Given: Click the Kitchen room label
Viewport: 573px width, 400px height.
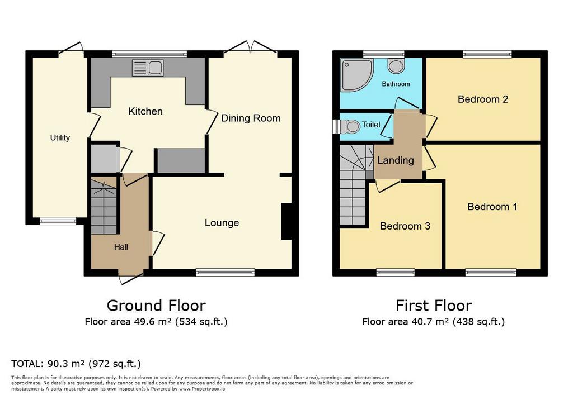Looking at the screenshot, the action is point(145,111).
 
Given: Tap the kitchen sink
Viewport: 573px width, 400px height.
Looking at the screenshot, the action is point(148,68).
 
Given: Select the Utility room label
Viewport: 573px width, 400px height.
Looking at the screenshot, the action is point(60,137).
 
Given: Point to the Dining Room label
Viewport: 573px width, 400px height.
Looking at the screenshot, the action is point(251,118).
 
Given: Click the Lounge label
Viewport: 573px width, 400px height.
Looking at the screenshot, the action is point(222,223).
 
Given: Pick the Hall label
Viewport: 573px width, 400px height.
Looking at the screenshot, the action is point(121,247).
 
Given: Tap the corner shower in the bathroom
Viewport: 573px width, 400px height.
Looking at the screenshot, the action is point(356,75).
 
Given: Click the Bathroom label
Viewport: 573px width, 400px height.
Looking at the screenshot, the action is point(396,84).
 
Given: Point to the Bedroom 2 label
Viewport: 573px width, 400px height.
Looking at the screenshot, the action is point(483,99).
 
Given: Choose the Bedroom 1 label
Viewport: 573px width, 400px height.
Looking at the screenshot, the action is point(492,207).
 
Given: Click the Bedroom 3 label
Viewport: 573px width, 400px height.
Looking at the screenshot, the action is point(405,226).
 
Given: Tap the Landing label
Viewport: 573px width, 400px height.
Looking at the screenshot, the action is point(396,160).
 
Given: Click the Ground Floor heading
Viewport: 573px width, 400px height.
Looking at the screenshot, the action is point(156,306).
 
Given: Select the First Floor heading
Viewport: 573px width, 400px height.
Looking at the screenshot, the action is point(434,306).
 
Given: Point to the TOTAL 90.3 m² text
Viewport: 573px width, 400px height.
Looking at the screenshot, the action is point(76,364).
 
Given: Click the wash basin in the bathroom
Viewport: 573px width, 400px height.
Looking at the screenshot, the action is point(396,66).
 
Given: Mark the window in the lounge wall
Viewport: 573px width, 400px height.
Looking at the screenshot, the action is point(225,272).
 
